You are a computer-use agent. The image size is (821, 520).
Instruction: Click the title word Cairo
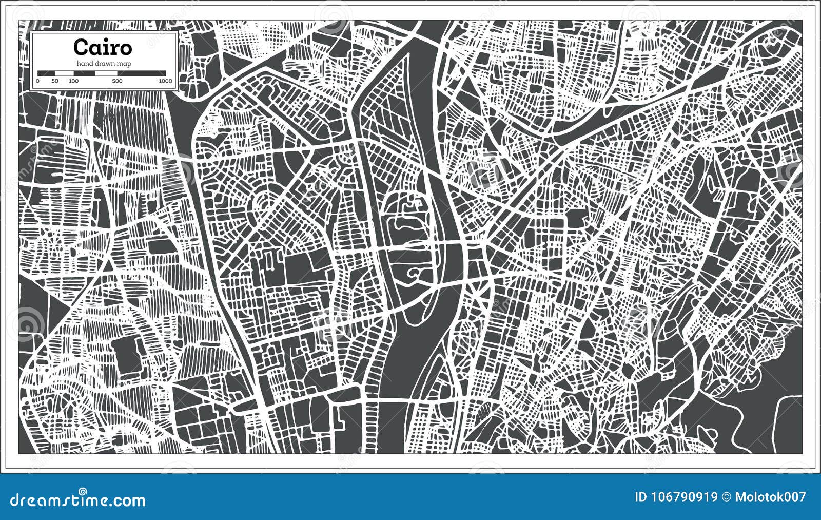[x=103, y=47]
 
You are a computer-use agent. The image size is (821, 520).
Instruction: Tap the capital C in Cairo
[x=81, y=47]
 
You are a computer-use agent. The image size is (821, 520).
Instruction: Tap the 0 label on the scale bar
[x=38, y=81]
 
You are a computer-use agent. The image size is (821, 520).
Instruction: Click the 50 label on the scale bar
[x=55, y=81]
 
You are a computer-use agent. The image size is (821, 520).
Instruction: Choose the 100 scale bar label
[x=73, y=81]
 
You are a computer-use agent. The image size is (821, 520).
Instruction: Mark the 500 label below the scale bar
[x=117, y=81]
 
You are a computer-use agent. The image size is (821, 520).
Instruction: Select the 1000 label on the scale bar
[x=165, y=81]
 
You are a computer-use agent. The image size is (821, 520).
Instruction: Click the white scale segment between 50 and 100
[x=64, y=73]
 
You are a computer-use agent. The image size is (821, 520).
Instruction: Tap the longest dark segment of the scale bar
[x=142, y=73]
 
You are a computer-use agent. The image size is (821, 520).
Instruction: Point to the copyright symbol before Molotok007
[x=726, y=497]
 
